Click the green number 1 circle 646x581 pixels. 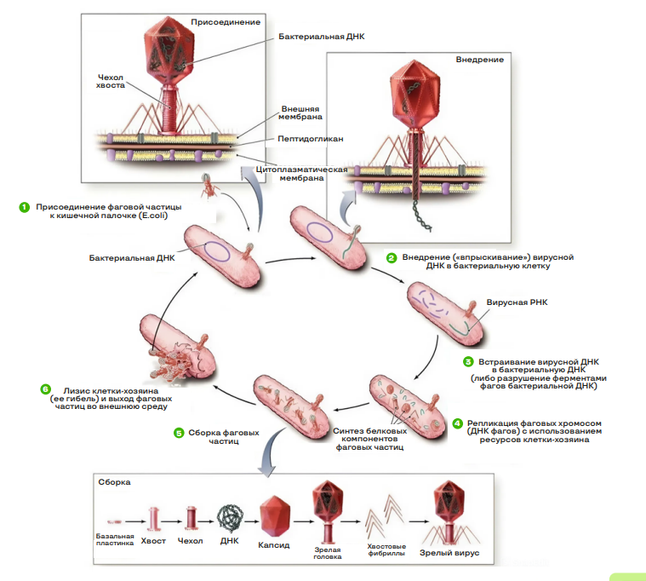tap(25, 207)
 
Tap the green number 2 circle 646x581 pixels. tap(391, 257)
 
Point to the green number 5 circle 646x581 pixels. tap(179, 433)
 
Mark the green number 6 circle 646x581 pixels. tap(45, 389)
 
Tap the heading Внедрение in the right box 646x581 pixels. tap(479, 60)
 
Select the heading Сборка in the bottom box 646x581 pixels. tap(114, 481)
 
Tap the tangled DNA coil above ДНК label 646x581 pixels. tap(229, 515)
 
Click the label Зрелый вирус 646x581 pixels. tap(450, 553)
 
